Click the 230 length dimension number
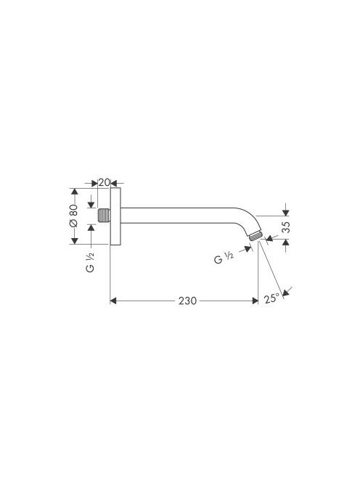pos(187,301)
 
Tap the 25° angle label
pos(271,298)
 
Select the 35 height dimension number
pos(285,227)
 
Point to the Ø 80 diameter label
pos(73,216)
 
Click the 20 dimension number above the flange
pos(104,182)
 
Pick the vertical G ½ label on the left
pos(91,262)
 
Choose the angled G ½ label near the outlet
pos(224,258)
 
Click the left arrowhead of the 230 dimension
pos(113,301)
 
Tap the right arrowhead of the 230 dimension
pos(255,301)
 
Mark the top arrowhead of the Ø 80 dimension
pos(74,191)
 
